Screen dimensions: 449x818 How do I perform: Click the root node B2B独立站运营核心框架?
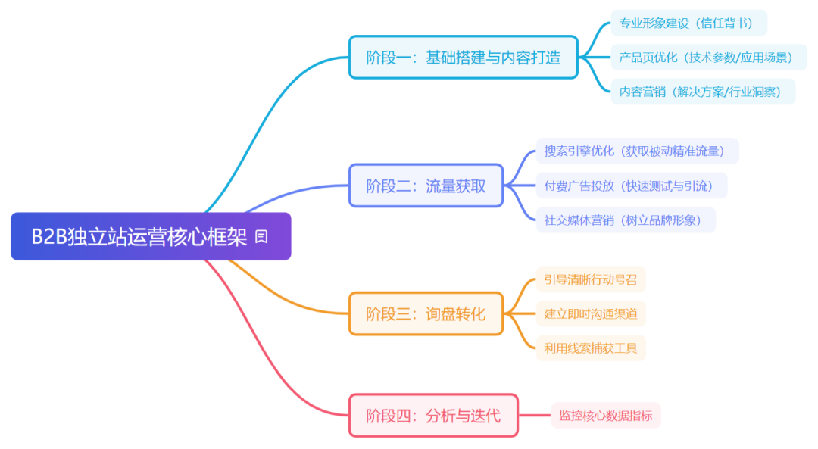pyautogui.click(x=140, y=237)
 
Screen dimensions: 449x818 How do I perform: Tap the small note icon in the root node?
pyautogui.click(x=261, y=237)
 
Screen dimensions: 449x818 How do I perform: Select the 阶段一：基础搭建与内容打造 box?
pyautogui.click(x=463, y=57)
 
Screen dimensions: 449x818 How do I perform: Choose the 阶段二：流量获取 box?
pyautogui.click(x=426, y=186)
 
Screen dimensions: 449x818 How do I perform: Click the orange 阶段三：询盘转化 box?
pyautogui.click(x=426, y=313)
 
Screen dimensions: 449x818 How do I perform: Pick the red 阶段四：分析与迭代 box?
pyautogui.click(x=433, y=415)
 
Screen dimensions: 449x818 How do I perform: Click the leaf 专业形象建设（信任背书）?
pyautogui.click(x=688, y=23)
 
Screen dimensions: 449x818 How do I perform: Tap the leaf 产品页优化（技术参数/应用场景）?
pyautogui.click(x=708, y=57)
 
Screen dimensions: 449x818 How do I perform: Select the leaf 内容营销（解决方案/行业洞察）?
pyautogui.click(x=703, y=92)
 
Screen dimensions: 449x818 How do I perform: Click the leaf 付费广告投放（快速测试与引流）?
pyautogui.click(x=631, y=186)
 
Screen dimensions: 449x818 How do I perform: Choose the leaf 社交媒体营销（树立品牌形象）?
pyautogui.click(x=625, y=220)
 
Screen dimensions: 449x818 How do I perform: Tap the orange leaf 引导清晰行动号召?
pyautogui.click(x=591, y=279)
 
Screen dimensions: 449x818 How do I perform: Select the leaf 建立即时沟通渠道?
pyautogui.click(x=591, y=313)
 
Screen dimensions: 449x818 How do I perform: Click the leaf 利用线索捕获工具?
pyautogui.click(x=591, y=348)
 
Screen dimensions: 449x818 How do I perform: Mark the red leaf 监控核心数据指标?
pyautogui.click(x=606, y=415)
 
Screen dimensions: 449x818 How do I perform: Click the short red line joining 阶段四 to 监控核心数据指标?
pyautogui.click(x=535, y=415)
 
